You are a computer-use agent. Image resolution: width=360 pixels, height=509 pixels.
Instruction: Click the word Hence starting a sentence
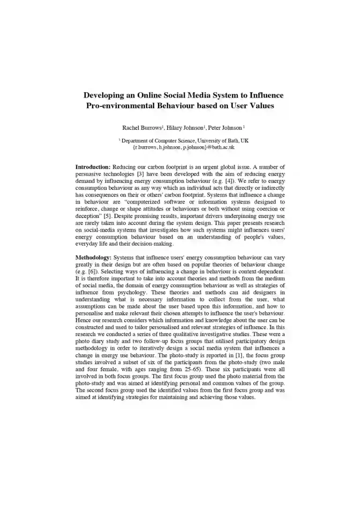point(83,323)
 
